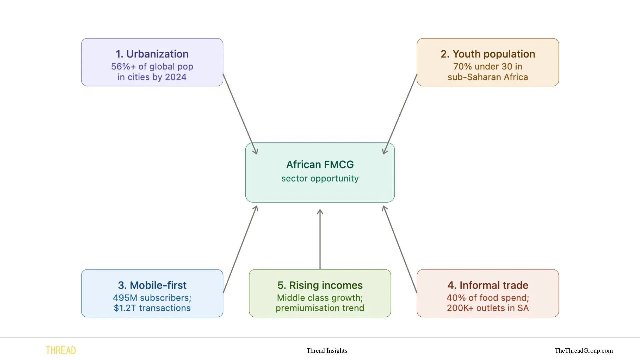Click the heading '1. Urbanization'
[152, 54]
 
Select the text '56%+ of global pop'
[152, 67]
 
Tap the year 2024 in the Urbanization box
[176, 77]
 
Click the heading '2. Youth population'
[488, 54]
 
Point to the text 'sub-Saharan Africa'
[488, 77]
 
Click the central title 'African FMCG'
[320, 165]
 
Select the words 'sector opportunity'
[320, 179]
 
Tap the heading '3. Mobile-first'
[152, 285]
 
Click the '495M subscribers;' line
[152, 298]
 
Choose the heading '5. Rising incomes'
[320, 285]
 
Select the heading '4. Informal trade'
[488, 285]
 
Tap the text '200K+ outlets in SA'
[488, 308]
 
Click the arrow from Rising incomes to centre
[320, 240]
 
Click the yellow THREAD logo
[61, 351]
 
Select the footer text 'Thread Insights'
[327, 351]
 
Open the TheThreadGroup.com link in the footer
[584, 351]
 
